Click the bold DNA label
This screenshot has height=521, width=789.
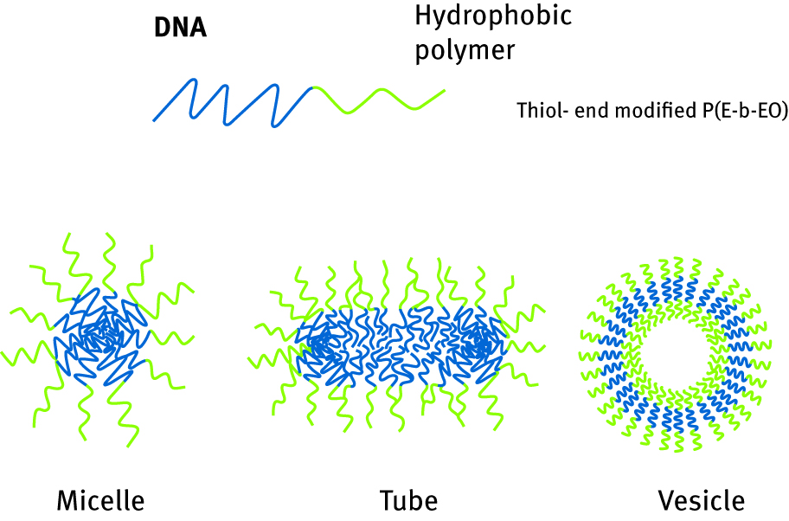pos(180,29)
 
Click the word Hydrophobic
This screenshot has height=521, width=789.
pos(493,16)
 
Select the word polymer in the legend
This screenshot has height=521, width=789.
pos(465,49)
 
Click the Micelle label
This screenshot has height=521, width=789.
pos(99,500)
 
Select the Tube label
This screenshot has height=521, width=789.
pos(408,500)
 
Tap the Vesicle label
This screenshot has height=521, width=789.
pos(701,500)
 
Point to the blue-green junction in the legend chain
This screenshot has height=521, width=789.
pos(311,87)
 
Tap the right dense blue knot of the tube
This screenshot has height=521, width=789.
pos(478,344)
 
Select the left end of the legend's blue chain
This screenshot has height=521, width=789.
pos(155,119)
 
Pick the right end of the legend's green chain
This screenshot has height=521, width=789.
pos(444,90)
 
